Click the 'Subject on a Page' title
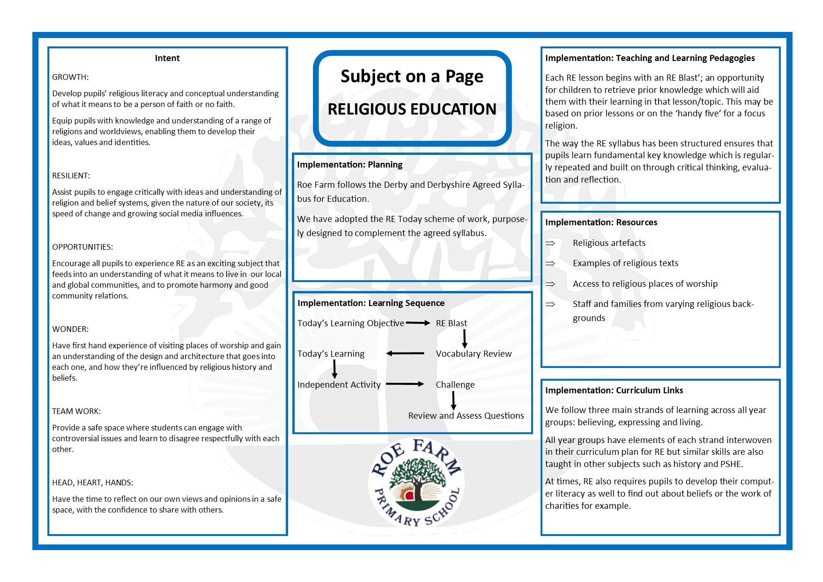(x=411, y=77)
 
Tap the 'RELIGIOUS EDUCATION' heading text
(x=411, y=109)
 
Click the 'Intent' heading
(x=167, y=58)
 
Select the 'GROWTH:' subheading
(x=70, y=77)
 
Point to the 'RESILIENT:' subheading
(x=71, y=176)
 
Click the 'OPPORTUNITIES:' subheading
(x=83, y=247)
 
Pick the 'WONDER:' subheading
(x=70, y=329)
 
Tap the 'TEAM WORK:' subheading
(x=76, y=411)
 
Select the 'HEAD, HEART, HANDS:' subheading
(x=93, y=482)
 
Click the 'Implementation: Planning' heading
(x=350, y=165)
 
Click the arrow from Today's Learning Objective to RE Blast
(x=418, y=323)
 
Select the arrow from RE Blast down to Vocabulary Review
(x=465, y=338)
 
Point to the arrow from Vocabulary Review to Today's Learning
(x=405, y=353)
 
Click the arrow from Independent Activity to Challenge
(x=404, y=384)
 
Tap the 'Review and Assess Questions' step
(x=466, y=416)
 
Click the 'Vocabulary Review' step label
(x=473, y=354)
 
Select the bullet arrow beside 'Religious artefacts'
(x=550, y=243)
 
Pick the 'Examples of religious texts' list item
(x=625, y=263)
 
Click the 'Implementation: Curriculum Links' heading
(x=614, y=391)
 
